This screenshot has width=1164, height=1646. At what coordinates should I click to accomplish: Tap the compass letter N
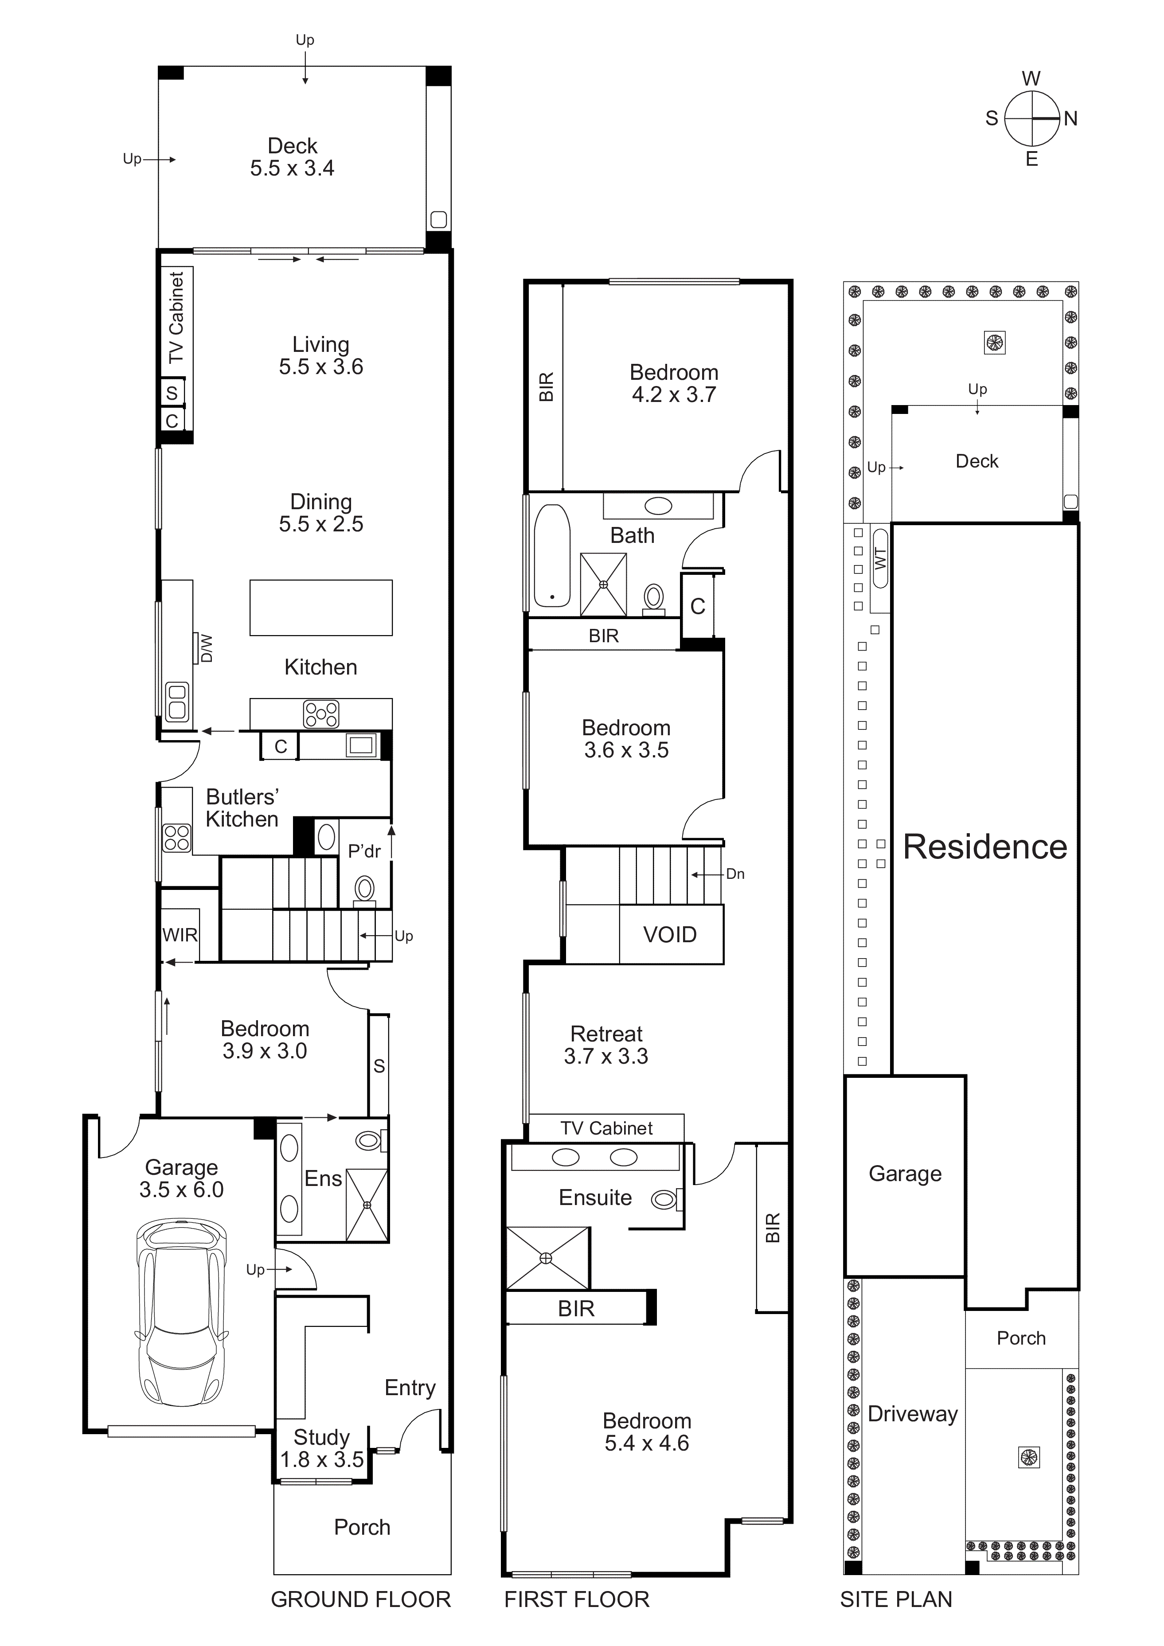pos(1071,119)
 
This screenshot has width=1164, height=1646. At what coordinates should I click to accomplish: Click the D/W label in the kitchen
pos(207,648)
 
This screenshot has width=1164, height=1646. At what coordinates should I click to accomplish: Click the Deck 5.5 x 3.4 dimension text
pos(292,168)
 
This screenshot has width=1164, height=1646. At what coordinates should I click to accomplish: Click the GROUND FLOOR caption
pos(361,1599)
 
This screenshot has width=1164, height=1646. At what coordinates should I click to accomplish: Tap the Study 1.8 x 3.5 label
pos(321,1449)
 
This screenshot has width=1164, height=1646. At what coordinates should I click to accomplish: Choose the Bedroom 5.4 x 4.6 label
pos(646,1432)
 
